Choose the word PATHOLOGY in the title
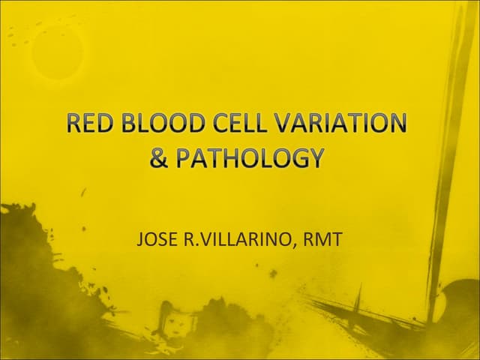(250, 159)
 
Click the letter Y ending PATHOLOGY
(316, 159)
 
